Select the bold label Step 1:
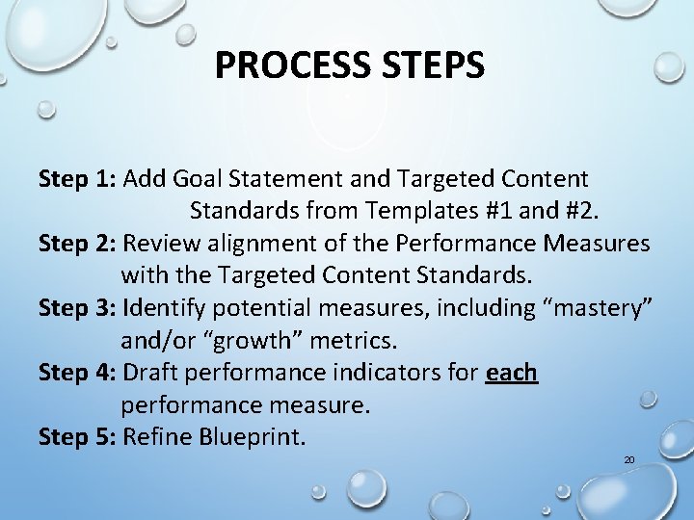77,178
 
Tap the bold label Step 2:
77,244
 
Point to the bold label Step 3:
77,308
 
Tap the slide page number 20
628,460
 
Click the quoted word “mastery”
597,308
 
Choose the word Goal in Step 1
190,178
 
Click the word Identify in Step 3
164,308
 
